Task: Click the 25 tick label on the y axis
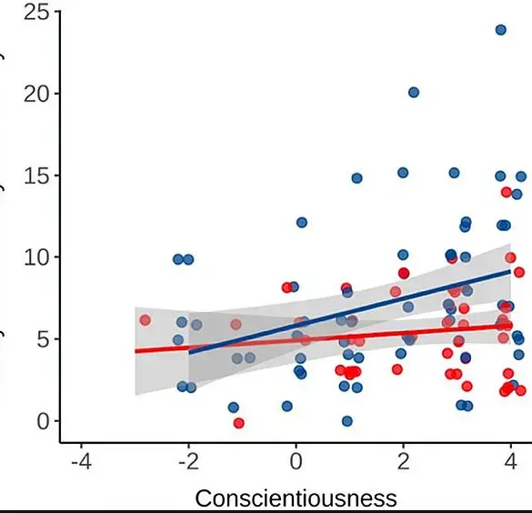[36, 12]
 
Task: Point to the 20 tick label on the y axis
[36, 94]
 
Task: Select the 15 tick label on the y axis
[36, 176]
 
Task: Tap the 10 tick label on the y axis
[36, 257]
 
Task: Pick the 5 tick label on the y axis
[43, 339]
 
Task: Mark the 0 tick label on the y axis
[43, 421]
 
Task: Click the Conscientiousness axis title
[296, 498]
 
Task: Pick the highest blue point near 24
[500, 30]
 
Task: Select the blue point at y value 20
[413, 92]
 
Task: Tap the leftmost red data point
[145, 320]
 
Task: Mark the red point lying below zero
[238, 423]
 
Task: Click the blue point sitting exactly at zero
[346, 421]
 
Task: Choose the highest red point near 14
[507, 192]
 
